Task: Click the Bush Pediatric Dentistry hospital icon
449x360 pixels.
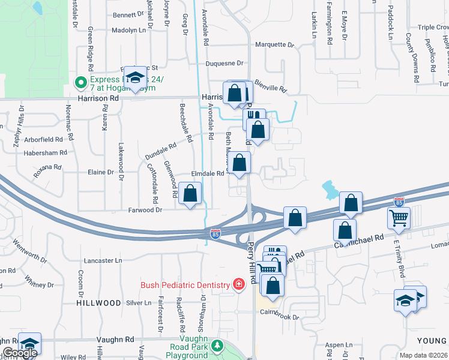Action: point(239,284)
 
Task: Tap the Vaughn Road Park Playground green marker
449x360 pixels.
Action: point(218,347)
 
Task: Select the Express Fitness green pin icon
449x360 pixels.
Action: point(79,83)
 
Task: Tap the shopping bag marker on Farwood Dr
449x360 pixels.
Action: point(190,194)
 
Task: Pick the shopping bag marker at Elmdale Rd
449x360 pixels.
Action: point(240,163)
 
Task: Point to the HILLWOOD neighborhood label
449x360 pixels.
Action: point(98,304)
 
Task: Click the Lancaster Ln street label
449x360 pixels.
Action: point(103,261)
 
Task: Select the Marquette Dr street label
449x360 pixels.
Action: point(275,45)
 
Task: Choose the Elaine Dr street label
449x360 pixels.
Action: point(101,172)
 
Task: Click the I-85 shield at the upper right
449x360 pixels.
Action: point(399,202)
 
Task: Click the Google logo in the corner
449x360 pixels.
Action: point(20,353)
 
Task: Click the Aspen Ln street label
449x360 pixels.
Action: point(339,345)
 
